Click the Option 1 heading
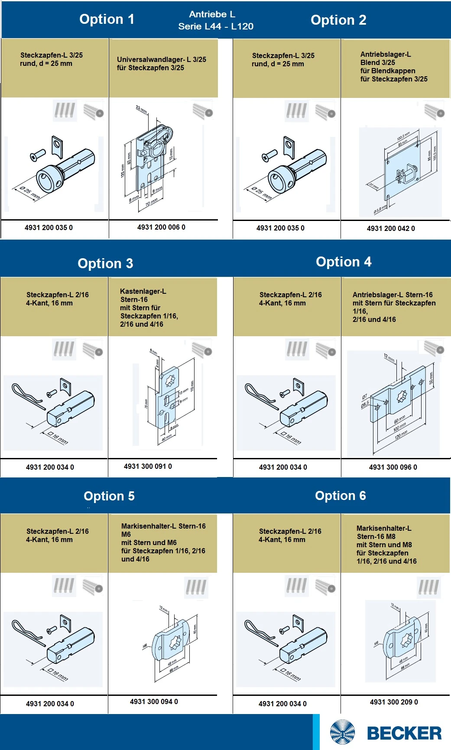(107, 19)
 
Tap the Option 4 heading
(344, 262)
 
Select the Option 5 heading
(109, 496)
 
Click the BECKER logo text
(404, 733)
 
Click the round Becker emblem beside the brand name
(342, 733)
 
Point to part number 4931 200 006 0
(161, 227)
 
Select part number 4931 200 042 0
(391, 228)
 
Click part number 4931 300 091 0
(148, 466)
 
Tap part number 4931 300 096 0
(393, 467)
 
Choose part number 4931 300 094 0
(154, 701)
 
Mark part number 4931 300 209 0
(394, 702)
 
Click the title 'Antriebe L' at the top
(212, 14)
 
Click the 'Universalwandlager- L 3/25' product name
(161, 59)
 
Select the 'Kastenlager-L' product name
(143, 291)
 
